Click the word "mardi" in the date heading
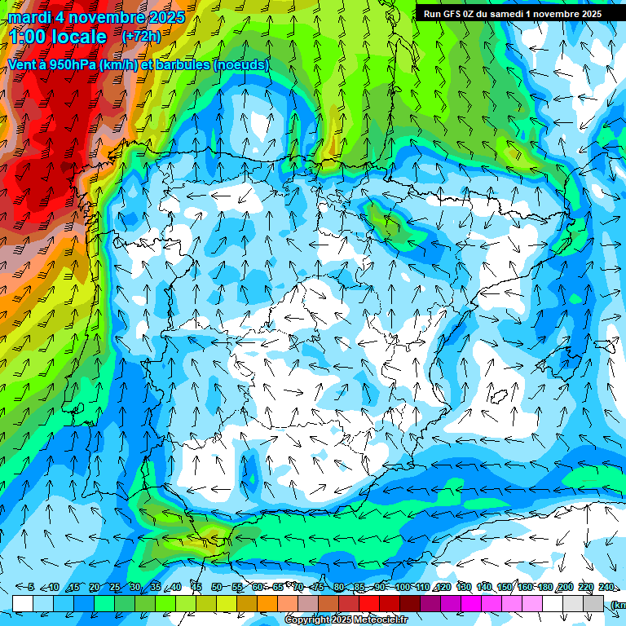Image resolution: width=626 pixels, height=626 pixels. click(x=29, y=17)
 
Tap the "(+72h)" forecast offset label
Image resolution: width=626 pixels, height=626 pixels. click(x=141, y=37)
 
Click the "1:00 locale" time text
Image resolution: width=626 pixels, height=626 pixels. click(x=57, y=37)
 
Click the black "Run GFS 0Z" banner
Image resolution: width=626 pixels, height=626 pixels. click(x=512, y=13)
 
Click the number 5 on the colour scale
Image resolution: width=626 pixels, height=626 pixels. click(x=31, y=587)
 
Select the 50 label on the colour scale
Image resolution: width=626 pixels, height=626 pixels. click(x=216, y=587)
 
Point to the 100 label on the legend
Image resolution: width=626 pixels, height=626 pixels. click(x=402, y=587)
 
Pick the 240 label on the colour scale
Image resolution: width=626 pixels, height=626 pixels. click(x=606, y=587)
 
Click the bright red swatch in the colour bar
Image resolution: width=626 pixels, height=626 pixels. click(x=369, y=604)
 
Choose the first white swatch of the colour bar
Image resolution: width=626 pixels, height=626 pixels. click(x=23, y=604)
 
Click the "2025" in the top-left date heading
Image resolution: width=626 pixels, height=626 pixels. click(x=162, y=17)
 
